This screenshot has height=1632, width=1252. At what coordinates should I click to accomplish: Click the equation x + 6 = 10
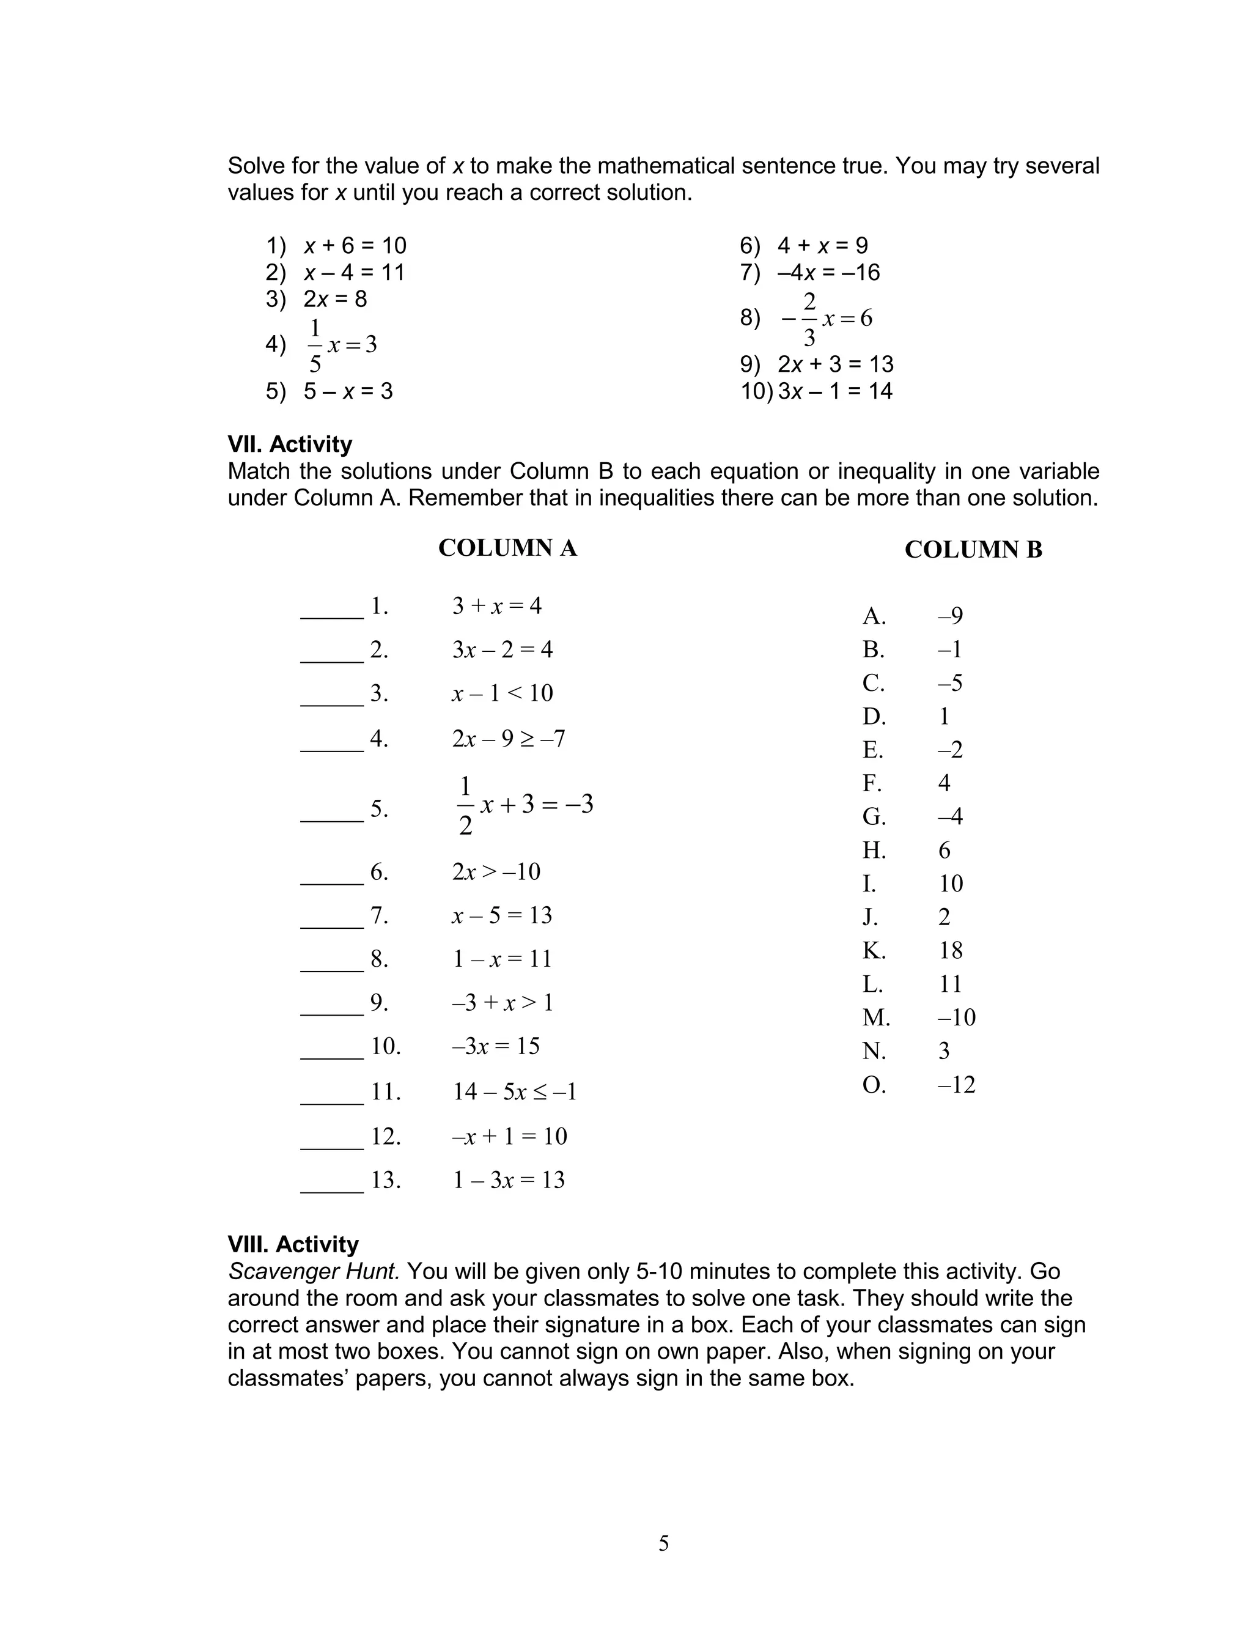pos(354,245)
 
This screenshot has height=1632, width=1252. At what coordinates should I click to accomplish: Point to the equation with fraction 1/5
pos(341,345)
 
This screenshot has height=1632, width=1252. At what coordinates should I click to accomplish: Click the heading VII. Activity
pos(289,444)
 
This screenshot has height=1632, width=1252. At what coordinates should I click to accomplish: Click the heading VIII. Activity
pos(293,1244)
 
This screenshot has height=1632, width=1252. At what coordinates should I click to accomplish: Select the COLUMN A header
pos(507,548)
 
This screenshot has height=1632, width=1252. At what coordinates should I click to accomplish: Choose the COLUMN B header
pos(973,550)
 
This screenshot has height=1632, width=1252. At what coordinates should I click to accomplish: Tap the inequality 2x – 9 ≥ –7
pos(508,739)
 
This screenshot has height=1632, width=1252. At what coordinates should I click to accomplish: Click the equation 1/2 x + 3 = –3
pos(524,805)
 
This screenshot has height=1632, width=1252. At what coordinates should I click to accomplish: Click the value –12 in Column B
pos(956,1084)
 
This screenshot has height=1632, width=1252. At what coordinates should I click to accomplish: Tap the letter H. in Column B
pos(874,851)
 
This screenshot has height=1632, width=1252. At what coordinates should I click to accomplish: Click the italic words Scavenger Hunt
pos(314,1271)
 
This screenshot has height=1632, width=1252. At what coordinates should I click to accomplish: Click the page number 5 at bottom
pos(663,1543)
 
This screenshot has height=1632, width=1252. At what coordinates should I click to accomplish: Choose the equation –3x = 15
pos(496,1046)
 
